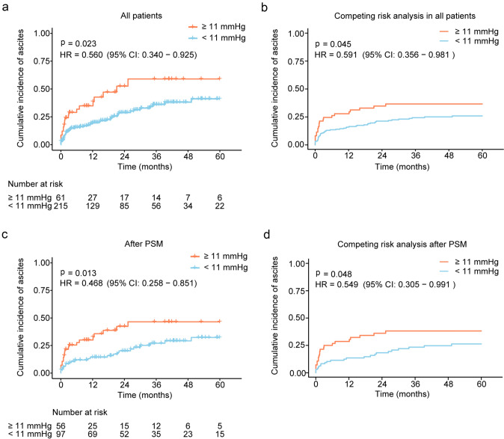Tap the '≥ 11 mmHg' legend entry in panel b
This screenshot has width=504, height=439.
pyautogui.click(x=459, y=31)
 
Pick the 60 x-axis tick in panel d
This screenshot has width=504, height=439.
pyautogui.click(x=482, y=384)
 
